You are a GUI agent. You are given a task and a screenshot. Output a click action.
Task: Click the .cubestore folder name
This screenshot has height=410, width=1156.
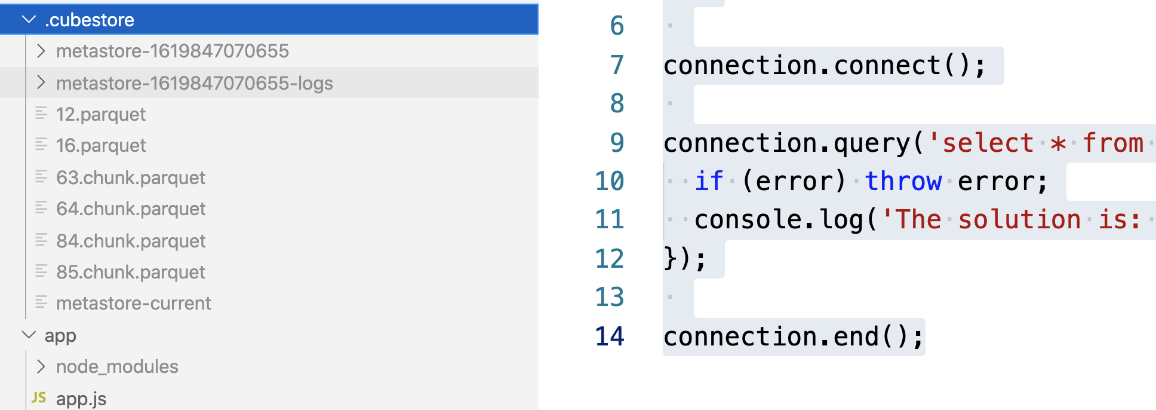(x=90, y=20)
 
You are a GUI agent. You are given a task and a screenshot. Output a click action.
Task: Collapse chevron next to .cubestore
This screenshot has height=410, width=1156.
(x=29, y=20)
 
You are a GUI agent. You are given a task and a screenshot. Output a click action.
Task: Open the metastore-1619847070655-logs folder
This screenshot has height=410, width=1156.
(x=194, y=83)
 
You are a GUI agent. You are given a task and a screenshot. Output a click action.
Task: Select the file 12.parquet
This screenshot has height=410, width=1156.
(x=100, y=114)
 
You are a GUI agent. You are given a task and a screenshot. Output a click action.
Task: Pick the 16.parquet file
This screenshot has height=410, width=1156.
(x=100, y=145)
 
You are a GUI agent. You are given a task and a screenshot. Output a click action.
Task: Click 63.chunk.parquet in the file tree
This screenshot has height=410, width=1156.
(x=130, y=178)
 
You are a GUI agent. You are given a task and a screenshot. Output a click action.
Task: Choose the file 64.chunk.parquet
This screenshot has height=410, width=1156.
(x=130, y=209)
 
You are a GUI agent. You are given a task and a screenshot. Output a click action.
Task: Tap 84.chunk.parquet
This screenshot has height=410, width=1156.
(x=130, y=241)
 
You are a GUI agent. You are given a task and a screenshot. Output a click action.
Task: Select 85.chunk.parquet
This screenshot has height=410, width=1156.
(x=130, y=272)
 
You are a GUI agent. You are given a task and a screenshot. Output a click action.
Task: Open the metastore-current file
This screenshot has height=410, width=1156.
(x=133, y=303)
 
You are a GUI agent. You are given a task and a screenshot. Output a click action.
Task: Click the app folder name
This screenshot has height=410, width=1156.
(x=60, y=336)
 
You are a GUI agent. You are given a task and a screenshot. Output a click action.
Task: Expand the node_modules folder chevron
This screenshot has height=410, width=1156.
(x=41, y=366)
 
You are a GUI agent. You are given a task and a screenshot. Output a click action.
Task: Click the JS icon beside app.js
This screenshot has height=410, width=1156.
(x=39, y=397)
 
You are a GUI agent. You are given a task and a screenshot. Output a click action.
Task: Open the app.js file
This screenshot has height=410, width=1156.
(x=81, y=399)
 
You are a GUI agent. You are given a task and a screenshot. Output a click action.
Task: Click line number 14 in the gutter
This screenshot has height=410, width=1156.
(x=610, y=336)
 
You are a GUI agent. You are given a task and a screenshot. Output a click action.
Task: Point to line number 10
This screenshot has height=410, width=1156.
(x=610, y=180)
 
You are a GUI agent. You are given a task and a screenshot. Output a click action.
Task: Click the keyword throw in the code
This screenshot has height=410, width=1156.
(x=903, y=180)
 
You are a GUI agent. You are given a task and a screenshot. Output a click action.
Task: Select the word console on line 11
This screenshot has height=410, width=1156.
(x=748, y=219)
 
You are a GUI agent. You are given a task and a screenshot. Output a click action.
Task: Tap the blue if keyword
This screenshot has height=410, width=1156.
(x=709, y=180)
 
